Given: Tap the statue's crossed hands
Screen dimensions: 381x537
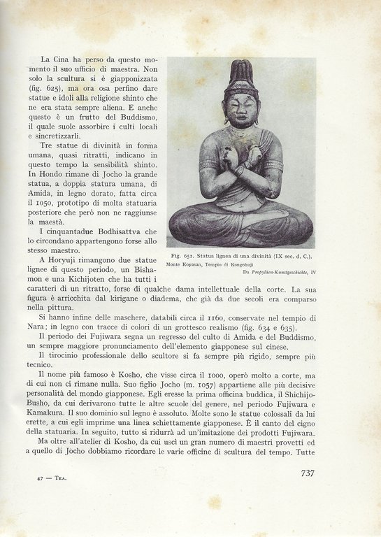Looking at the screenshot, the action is coord(241,164).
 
